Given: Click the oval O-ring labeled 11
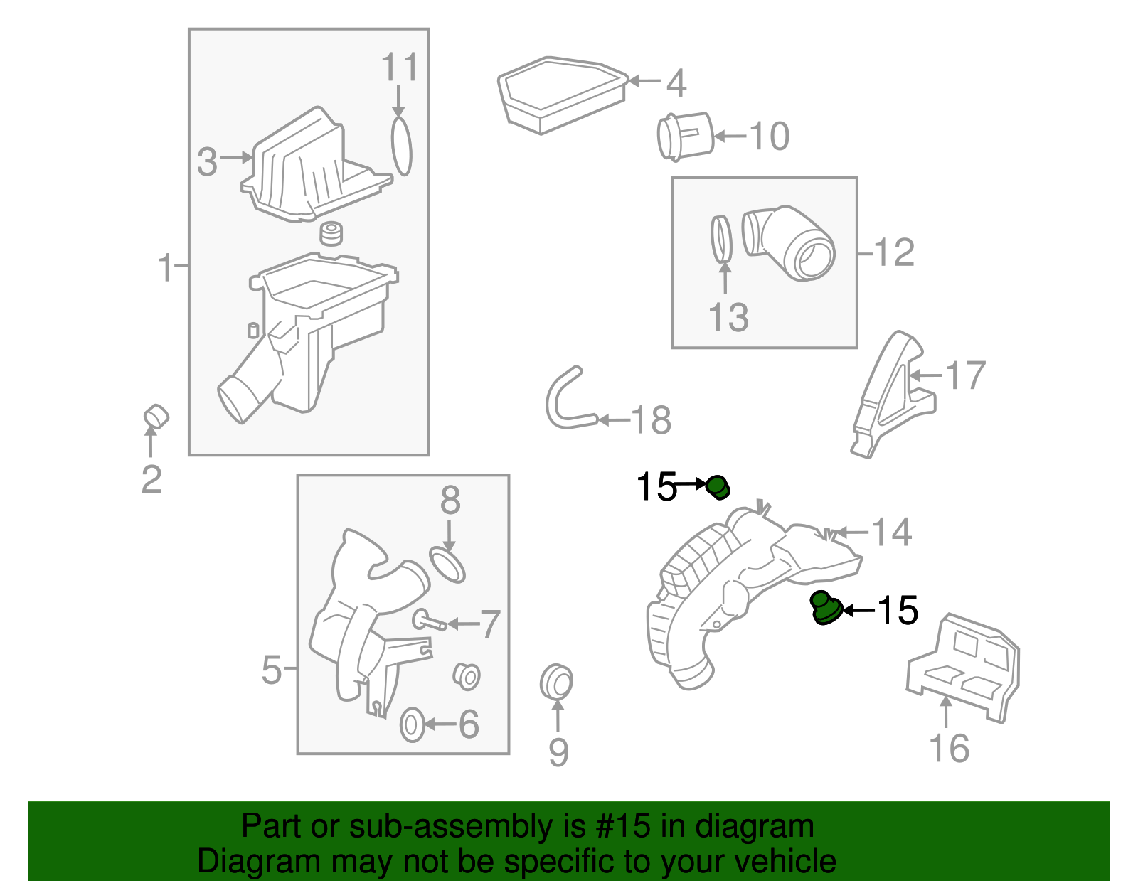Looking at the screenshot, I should pyautogui.click(x=401, y=146).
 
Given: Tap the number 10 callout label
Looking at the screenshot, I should pyautogui.click(x=769, y=136).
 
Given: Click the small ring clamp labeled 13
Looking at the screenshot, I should pyautogui.click(x=721, y=239).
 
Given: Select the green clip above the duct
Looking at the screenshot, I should pyautogui.click(x=718, y=487).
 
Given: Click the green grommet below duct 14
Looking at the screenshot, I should pyautogui.click(x=825, y=609).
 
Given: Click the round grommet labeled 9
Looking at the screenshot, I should pyautogui.click(x=556, y=682).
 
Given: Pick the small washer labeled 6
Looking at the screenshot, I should pyautogui.click(x=412, y=724).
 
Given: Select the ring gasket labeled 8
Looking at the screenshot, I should pyautogui.click(x=447, y=564).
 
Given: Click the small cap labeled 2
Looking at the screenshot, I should pyautogui.click(x=156, y=417).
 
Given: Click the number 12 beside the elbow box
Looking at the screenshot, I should pyautogui.click(x=893, y=252).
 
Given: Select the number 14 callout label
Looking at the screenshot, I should pyautogui.click(x=890, y=532).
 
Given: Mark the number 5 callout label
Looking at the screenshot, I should pyautogui.click(x=271, y=669).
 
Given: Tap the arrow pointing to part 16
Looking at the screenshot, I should pyautogui.click(x=946, y=711).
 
